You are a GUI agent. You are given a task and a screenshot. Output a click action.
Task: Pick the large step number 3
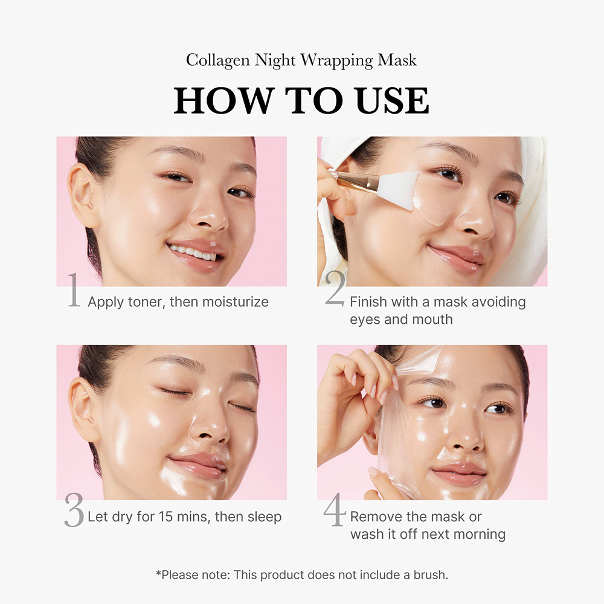pyautogui.click(x=74, y=512)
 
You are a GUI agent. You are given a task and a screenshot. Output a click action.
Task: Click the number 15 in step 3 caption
pyautogui.click(x=167, y=517)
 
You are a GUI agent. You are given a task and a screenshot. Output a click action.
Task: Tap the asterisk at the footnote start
pyautogui.click(x=158, y=573)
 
